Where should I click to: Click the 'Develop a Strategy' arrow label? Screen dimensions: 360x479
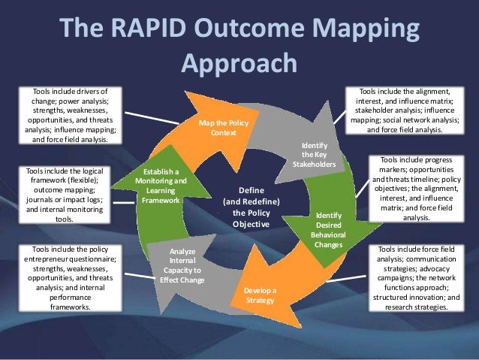(x=260, y=295)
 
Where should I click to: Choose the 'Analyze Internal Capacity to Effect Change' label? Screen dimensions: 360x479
(x=181, y=266)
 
